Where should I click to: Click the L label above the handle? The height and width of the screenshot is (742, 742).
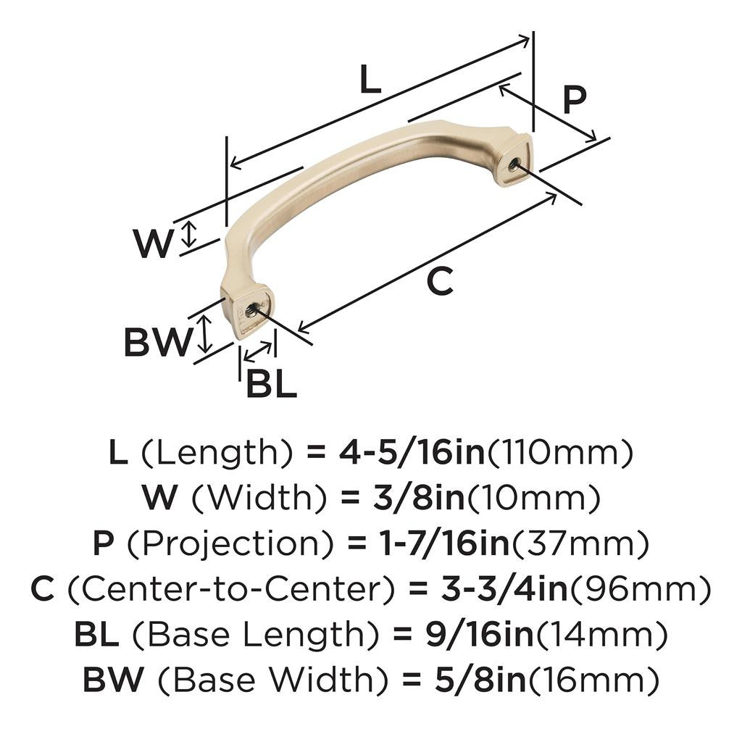(370, 80)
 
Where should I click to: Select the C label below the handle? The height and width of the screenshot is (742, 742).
(440, 281)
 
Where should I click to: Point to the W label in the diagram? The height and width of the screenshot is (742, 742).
(154, 243)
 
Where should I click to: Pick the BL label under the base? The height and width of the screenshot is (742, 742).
(271, 384)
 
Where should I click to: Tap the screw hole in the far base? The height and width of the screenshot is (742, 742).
(514, 164)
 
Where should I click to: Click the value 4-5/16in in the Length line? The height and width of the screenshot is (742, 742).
(412, 454)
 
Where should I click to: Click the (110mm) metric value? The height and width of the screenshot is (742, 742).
(559, 454)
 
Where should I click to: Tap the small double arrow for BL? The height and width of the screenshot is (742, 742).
(259, 351)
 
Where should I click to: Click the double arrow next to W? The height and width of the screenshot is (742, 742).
(188, 233)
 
